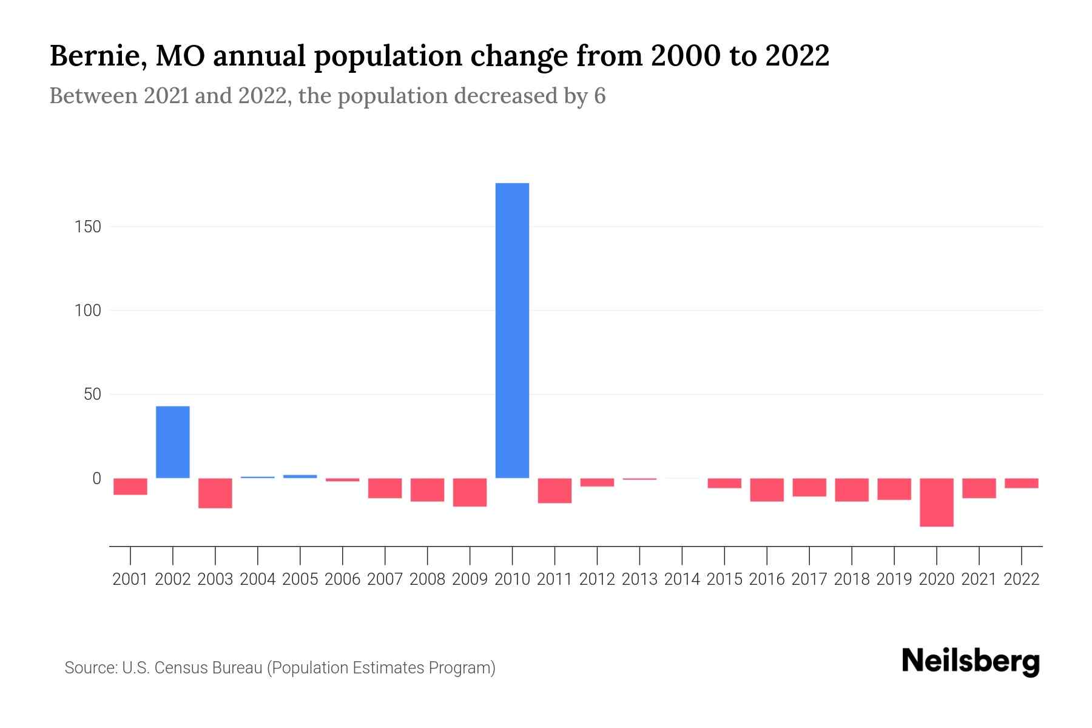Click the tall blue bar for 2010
[512, 331]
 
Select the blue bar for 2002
[173, 442]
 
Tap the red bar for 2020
[937, 502]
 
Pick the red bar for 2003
[215, 493]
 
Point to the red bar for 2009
[470, 492]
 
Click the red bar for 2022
[1022, 484]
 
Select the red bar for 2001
[130, 487]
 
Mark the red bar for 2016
[767, 490]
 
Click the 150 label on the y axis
[88, 227]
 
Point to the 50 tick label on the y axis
[92, 394]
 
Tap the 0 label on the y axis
[96, 479]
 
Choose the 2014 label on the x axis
[682, 579]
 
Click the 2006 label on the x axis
[343, 579]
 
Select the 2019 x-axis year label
[894, 579]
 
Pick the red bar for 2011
[554, 491]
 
